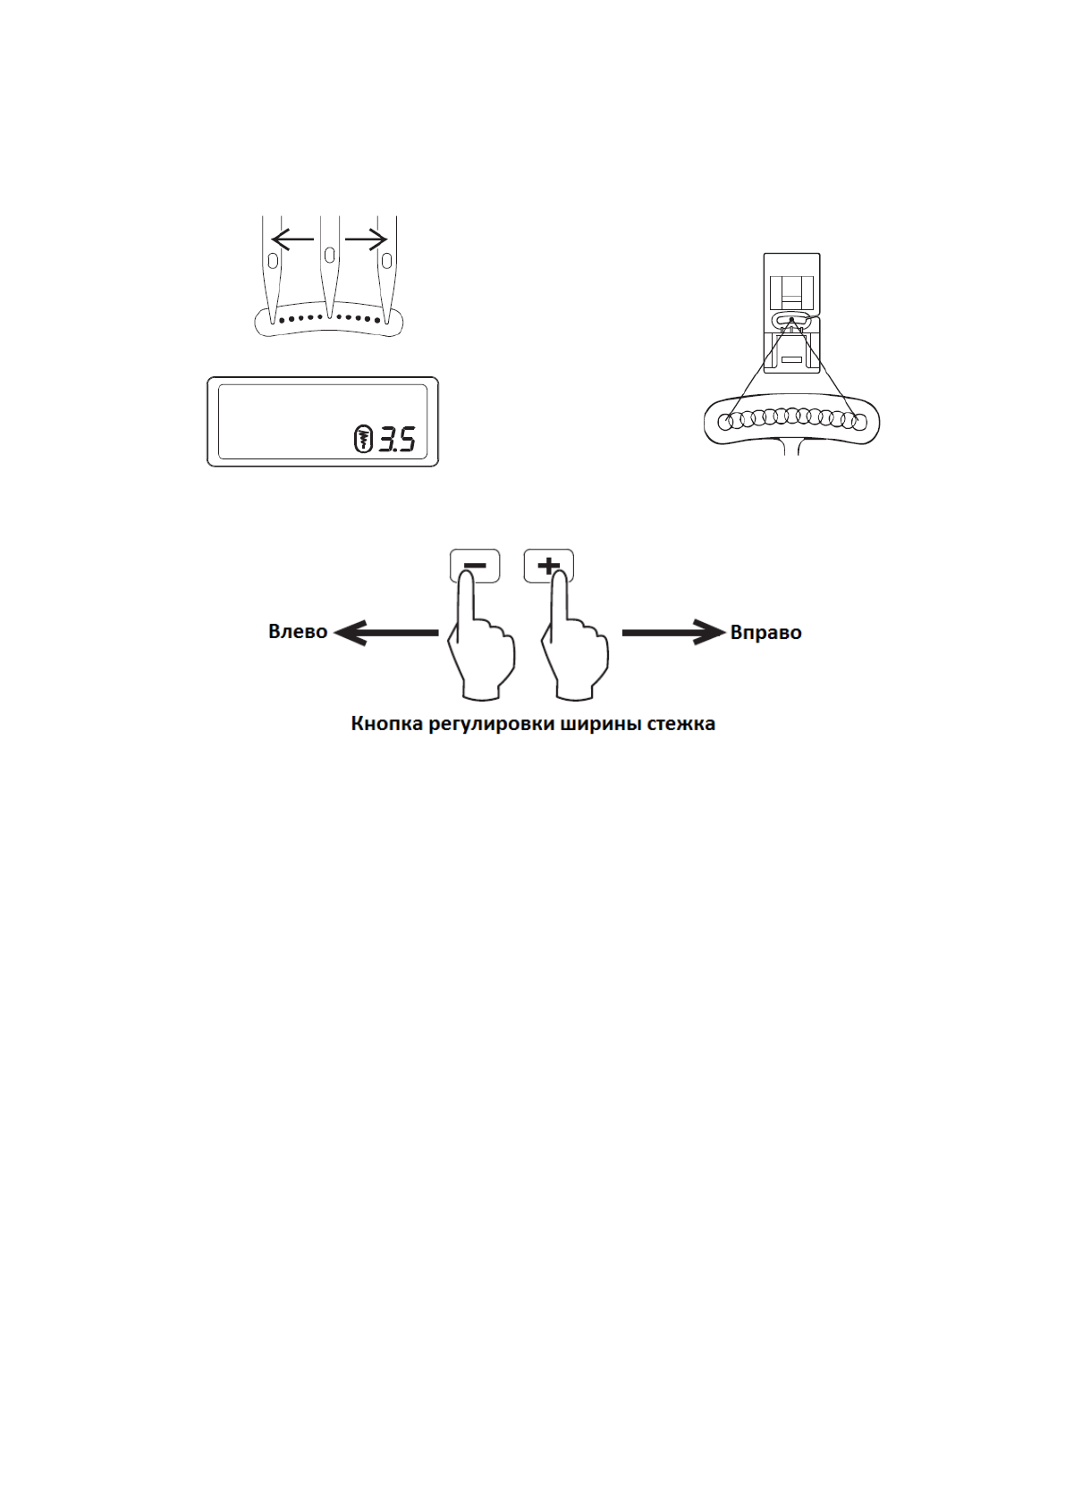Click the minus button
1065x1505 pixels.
475,565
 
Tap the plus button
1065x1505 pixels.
548,565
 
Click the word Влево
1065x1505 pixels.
298,632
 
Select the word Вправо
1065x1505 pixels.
765,633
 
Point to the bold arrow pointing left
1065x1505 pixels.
385,633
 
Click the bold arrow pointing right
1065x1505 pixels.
673,633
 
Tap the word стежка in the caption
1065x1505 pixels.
682,724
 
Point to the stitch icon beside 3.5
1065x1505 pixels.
363,439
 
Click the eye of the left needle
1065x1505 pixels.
273,260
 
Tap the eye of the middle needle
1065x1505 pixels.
330,255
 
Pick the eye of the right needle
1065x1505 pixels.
386,260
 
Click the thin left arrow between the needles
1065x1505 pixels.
292,239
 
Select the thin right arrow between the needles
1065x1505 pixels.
366,239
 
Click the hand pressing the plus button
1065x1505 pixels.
575,652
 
